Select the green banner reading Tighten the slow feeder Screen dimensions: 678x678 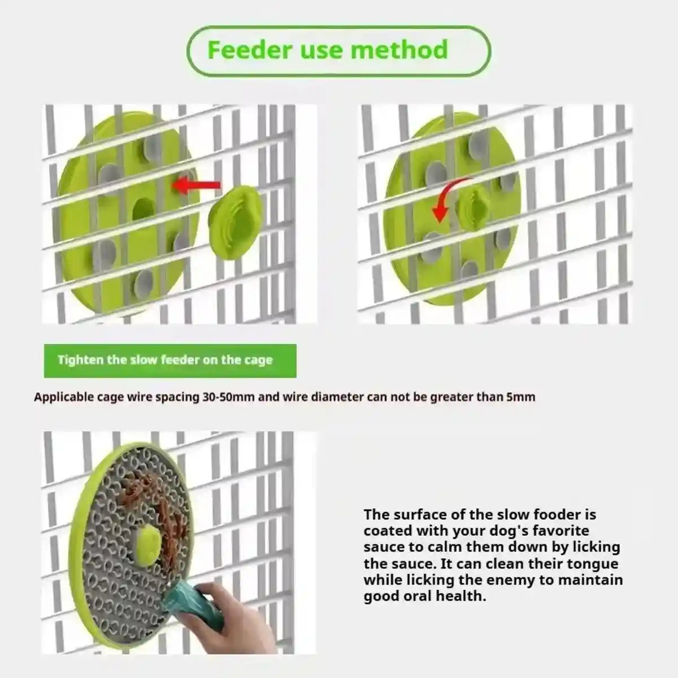click(169, 360)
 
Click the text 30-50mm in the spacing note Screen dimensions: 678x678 click(228, 397)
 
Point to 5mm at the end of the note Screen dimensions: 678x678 click(520, 397)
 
